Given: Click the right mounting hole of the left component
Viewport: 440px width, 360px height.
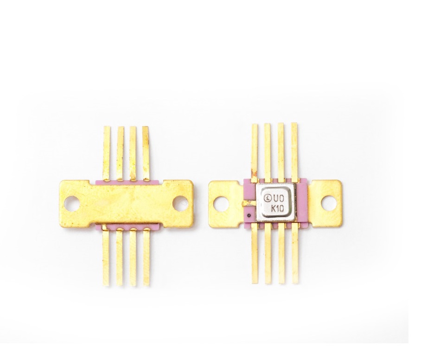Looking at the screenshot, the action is (x=179, y=203).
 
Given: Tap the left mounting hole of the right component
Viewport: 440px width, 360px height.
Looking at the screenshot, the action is (x=221, y=203).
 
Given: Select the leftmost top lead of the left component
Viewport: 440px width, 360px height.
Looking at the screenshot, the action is (x=107, y=153).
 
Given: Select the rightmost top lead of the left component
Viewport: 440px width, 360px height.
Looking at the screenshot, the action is (x=146, y=153).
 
